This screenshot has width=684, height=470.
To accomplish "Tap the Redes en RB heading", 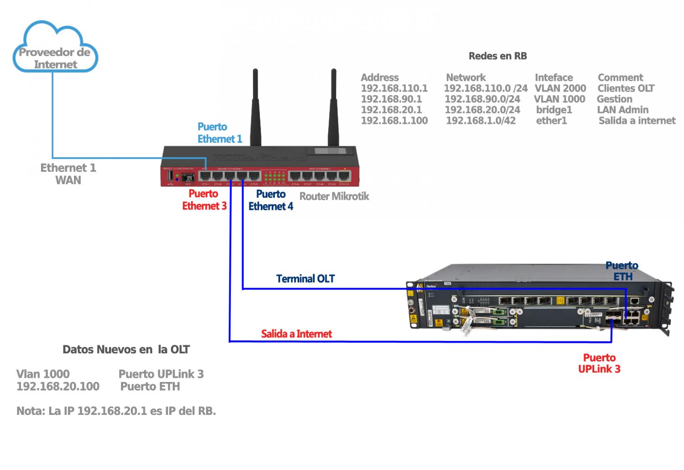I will pos(497,56).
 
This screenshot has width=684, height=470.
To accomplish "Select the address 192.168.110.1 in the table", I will pos(394,88).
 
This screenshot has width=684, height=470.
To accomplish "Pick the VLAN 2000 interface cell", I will pos(560,88).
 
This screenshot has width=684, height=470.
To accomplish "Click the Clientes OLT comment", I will pos(626,88).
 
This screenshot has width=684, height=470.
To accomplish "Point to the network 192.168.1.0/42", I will pos(480,121).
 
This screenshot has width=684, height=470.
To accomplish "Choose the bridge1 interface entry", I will pos(554,110).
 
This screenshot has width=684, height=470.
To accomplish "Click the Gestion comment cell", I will pos(614,99).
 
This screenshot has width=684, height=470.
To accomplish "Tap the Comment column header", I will pos(620,77).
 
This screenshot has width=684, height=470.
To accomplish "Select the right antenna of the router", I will pos(333,107).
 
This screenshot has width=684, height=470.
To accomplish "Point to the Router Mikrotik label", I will pos(334,196).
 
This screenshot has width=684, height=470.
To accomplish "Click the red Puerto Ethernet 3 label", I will pos(204,200).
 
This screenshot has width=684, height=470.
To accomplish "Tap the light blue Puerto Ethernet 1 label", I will pos(219,133).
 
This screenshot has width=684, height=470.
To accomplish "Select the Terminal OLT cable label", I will pos(305,279).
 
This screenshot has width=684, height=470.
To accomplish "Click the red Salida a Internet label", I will pos(296,334).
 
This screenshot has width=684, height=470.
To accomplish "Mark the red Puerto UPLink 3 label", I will pos(599,363).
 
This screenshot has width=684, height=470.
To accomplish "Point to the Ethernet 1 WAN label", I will pos(68,174).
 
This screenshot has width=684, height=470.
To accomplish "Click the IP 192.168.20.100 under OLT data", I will pos(58,387).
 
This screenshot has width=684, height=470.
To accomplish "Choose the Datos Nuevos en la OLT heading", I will pos(126,350).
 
